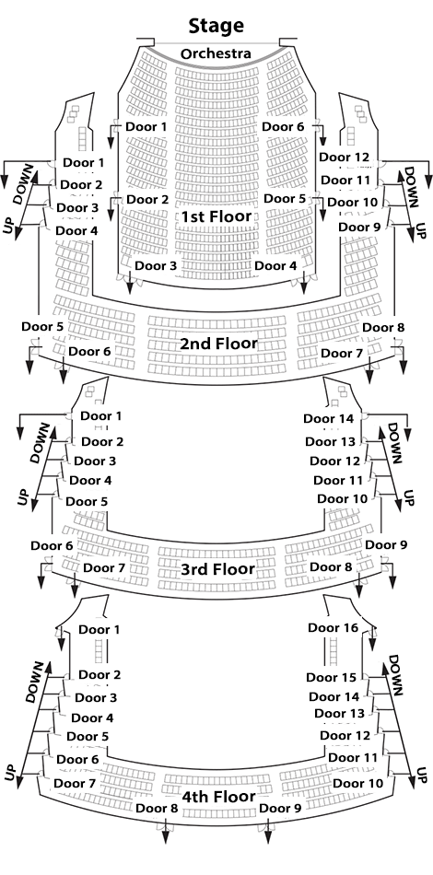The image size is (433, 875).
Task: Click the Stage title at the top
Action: coord(216,26)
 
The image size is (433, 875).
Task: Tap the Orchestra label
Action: coord(216,54)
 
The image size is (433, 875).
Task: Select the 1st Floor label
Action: coord(216,216)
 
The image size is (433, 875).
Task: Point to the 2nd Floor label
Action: coord(218,344)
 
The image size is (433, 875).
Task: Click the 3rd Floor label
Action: coord(217,569)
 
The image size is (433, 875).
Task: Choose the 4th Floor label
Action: coord(218,797)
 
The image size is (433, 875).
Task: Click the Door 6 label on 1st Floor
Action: coord(284,127)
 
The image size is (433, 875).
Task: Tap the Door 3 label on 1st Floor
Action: coord(156,265)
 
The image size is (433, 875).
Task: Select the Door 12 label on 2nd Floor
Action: coord(345,157)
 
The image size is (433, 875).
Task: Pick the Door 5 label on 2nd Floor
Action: coord(42,326)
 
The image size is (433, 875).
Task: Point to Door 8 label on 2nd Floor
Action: coord(383,328)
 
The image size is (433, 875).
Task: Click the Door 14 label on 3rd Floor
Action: coord(329,418)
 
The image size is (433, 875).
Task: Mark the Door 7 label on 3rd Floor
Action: coord(104,568)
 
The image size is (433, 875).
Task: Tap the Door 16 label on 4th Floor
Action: coord(334,628)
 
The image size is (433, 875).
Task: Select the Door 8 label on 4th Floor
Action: coord(157,808)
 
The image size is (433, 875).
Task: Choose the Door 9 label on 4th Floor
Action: coord(281,808)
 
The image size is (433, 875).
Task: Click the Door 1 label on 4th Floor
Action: coord(99,630)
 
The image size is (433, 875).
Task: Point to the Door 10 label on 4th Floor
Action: coord(358,784)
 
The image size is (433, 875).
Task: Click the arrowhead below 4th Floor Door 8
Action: coord(166,838)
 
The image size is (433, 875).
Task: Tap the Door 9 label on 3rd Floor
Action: coord(386,544)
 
